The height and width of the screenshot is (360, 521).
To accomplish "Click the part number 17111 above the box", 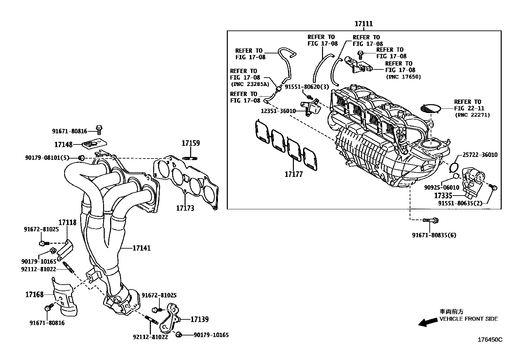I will click(364, 24).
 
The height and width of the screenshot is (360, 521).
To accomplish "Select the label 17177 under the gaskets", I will click(294, 174).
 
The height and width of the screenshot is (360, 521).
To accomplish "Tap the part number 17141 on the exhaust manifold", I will click(141, 248).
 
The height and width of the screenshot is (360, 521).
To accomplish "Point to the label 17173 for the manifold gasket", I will click(185, 208).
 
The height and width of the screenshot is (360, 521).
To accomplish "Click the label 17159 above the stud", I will click(191, 143).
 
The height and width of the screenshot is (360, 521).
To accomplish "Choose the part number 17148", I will click(63, 144).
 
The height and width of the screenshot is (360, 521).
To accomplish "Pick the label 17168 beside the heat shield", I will click(34, 294).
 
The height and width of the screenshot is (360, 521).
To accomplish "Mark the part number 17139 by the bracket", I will click(199, 319).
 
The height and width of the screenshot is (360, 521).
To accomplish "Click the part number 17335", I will click(443, 196).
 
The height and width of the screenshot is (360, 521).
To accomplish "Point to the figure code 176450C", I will click(490, 340).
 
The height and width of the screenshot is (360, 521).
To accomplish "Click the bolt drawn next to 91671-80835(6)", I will click(430, 220).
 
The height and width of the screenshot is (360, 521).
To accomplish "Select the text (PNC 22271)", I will click(472, 115).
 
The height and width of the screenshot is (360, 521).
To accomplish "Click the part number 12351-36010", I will click(278, 111).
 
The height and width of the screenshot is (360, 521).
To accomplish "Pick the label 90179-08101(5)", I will click(47, 158).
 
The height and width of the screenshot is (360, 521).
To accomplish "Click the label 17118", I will click(67, 222).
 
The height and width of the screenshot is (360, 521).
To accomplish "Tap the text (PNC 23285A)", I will click(249, 84).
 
